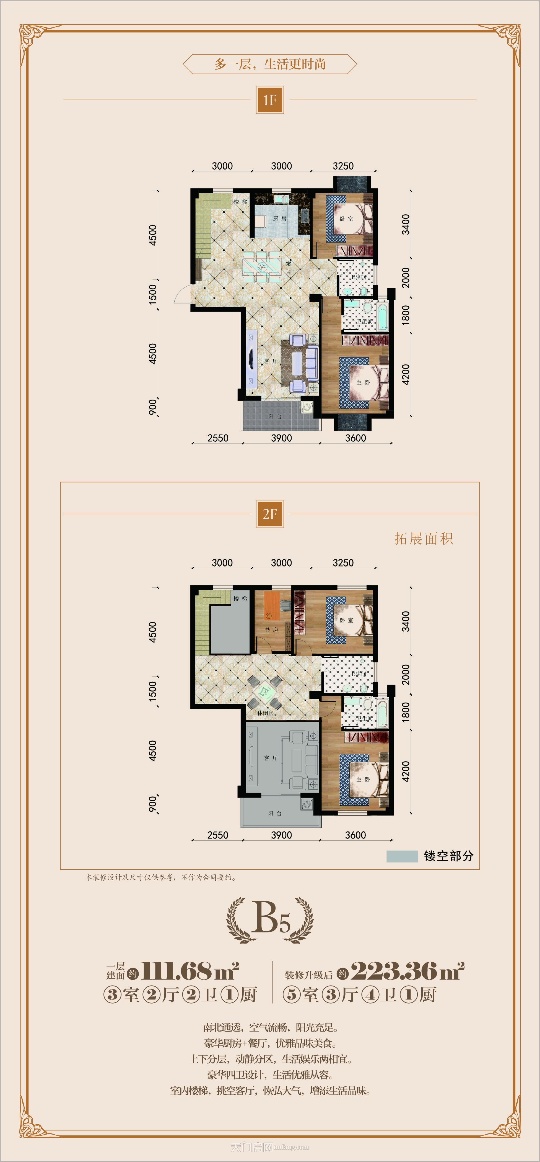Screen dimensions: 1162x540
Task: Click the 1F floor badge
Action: pyautogui.click(x=269, y=100)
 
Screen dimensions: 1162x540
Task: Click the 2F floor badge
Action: pyautogui.click(x=269, y=514)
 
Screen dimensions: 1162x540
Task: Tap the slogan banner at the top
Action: pyautogui.click(x=269, y=64)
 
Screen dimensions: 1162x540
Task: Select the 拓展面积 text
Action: pyautogui.click(x=423, y=539)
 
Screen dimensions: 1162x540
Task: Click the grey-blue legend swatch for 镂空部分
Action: pyautogui.click(x=402, y=856)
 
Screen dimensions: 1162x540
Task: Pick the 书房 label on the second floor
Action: pyautogui.click(x=271, y=630)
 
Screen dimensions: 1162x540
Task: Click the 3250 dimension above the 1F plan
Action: pyautogui.click(x=343, y=166)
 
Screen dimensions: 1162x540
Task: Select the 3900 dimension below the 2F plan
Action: pyautogui.click(x=281, y=835)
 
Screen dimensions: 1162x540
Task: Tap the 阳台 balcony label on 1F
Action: pyautogui.click(x=275, y=416)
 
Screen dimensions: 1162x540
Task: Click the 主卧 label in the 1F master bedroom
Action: pyautogui.click(x=363, y=382)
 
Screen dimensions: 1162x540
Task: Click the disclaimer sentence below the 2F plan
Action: pyautogui.click(x=161, y=877)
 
